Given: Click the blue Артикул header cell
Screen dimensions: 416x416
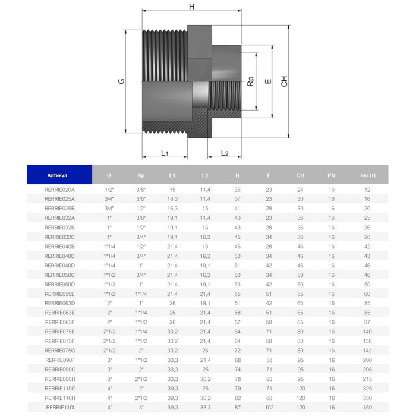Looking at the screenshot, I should pos(59,175).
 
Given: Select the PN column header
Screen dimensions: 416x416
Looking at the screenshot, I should pos(332,175).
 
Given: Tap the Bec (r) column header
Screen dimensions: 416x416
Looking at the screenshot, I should pos(367,175).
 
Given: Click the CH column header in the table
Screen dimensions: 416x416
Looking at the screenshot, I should pos(300,175).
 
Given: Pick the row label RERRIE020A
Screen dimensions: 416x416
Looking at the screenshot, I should pos(59,189).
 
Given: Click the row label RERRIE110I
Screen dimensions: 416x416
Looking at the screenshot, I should pos(59,407).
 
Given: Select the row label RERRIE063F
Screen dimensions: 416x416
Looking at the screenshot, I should pos(59,322).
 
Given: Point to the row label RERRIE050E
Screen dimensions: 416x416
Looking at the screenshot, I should pos(59,294).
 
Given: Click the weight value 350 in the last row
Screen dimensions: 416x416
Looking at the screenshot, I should pos(367,407).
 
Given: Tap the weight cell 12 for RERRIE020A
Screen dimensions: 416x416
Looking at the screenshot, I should pos(367,189).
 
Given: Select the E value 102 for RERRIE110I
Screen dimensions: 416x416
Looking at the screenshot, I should pos(269,407).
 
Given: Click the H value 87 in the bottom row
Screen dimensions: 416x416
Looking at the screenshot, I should pos(237,407).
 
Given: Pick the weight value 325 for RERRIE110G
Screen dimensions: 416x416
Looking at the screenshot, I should pos(367,388).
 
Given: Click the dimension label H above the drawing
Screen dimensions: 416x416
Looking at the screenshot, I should pos(191,7).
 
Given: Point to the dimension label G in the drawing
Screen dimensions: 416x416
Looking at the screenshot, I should pos(121,81).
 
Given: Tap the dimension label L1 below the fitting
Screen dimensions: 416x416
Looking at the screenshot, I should pos(165,153).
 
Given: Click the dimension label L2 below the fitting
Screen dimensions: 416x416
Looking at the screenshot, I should pos(225,153).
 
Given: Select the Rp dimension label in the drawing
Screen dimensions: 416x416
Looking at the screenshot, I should pos(251,81).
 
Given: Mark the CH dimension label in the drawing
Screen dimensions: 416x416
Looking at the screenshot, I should pos(284,81).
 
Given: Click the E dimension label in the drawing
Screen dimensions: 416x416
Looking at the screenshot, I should pos(268,81).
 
